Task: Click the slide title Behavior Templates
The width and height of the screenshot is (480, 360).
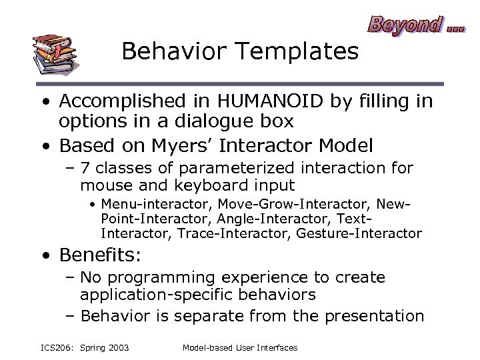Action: tap(240, 52)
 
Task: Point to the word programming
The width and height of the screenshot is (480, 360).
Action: tap(159, 278)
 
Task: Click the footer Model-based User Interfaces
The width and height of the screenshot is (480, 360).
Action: tap(239, 347)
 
